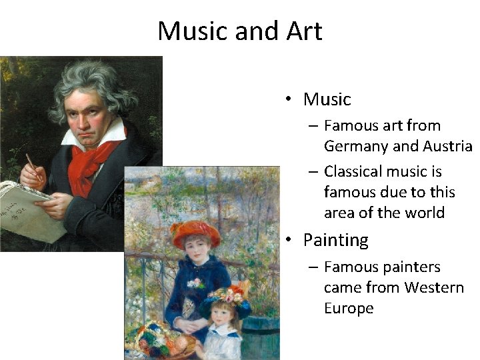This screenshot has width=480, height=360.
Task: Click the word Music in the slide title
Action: click(189, 31)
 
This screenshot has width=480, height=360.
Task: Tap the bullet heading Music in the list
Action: click(327, 99)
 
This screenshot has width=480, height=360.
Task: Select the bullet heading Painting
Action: click(335, 240)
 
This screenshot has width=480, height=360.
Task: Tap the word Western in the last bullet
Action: click(433, 287)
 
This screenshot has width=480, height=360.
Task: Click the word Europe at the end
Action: click(349, 308)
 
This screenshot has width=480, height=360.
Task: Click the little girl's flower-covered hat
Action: click(227, 297)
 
